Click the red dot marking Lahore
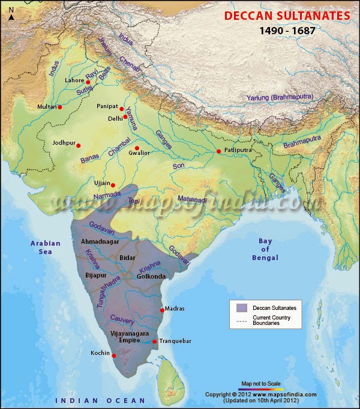click(x=88, y=82)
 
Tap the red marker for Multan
click(x=60, y=107)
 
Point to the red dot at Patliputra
click(x=219, y=151)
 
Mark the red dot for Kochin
click(x=114, y=355)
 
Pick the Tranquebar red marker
click(x=155, y=342)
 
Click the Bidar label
click(x=127, y=257)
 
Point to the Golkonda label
click(x=151, y=276)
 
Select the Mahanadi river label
click(x=191, y=199)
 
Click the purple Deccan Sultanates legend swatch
click(x=241, y=308)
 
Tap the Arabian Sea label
click(x=46, y=247)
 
